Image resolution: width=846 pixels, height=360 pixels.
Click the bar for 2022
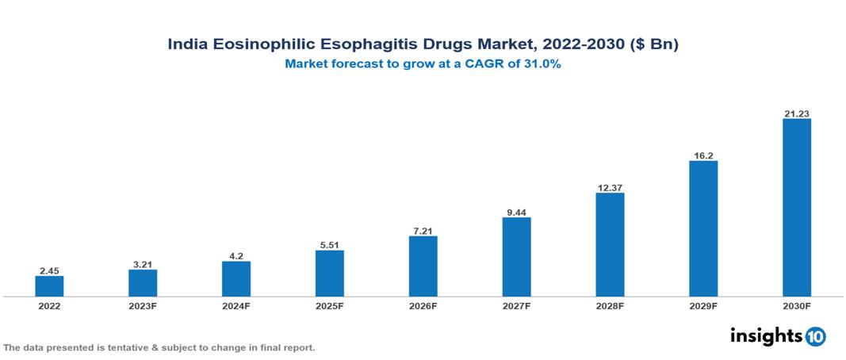click(x=49, y=286)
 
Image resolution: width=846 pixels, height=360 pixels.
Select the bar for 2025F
click(x=330, y=274)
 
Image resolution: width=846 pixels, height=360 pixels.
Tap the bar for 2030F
click(x=797, y=208)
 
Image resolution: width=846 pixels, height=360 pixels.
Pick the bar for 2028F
click(x=610, y=245)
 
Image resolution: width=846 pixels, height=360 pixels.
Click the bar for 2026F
click(x=423, y=266)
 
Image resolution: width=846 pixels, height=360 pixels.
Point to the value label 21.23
click(x=797, y=113)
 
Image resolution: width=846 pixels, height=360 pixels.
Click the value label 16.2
click(x=703, y=155)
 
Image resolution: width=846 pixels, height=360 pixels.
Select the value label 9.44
click(x=517, y=212)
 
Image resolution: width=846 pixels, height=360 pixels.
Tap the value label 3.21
click(x=143, y=264)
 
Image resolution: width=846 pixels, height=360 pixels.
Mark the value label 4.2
click(x=236, y=256)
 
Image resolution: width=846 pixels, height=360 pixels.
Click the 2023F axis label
click(x=143, y=306)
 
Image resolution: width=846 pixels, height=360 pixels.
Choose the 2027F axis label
click(x=517, y=306)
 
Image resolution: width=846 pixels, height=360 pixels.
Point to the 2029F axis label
click(x=703, y=306)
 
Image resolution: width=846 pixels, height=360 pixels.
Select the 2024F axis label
click(x=236, y=306)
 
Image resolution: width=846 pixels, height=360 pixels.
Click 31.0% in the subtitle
click(x=542, y=65)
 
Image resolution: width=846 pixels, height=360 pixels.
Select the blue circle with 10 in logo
click(x=815, y=336)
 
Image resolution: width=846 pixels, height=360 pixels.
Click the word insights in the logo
click(x=766, y=335)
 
